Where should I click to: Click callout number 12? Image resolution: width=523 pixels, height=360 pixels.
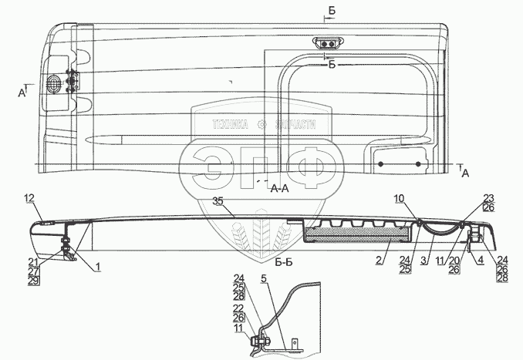coord(30,199)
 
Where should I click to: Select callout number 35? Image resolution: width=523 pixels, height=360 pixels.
coord(218,201)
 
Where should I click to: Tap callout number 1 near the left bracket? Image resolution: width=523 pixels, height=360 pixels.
coord(99,266)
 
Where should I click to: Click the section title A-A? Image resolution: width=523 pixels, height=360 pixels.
coord(280,187)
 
